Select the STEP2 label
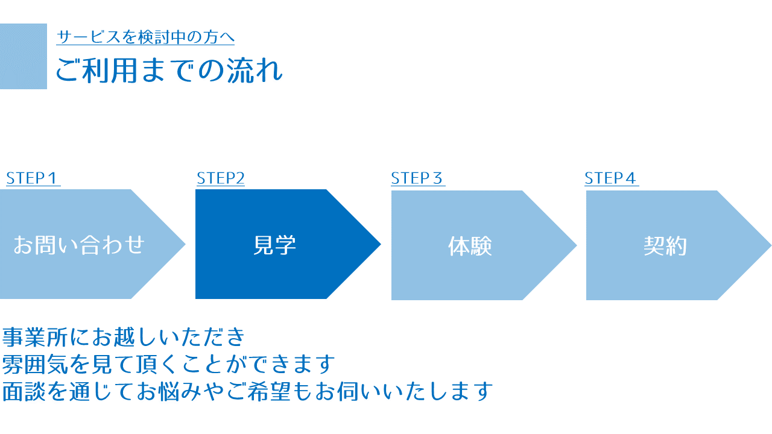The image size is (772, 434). click(x=221, y=178)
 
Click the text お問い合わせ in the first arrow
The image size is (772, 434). click(x=79, y=245)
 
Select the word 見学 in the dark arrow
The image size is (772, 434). click(x=274, y=245)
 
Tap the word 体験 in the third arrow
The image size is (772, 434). click(x=470, y=246)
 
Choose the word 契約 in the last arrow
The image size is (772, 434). click(x=665, y=246)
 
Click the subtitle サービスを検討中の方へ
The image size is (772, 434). click(x=145, y=37)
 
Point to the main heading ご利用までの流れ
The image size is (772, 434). click(x=169, y=71)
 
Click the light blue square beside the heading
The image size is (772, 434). click(x=24, y=56)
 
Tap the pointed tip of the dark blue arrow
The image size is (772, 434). click(x=381, y=244)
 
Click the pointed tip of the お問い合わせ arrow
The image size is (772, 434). click(x=185, y=244)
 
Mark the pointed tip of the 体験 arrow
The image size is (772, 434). click(x=576, y=245)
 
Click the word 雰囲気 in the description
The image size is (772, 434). click(x=35, y=365)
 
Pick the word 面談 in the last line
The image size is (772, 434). click(x=24, y=392)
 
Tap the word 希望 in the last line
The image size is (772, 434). click(x=269, y=392)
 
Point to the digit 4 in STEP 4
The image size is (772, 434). click(x=630, y=178)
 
